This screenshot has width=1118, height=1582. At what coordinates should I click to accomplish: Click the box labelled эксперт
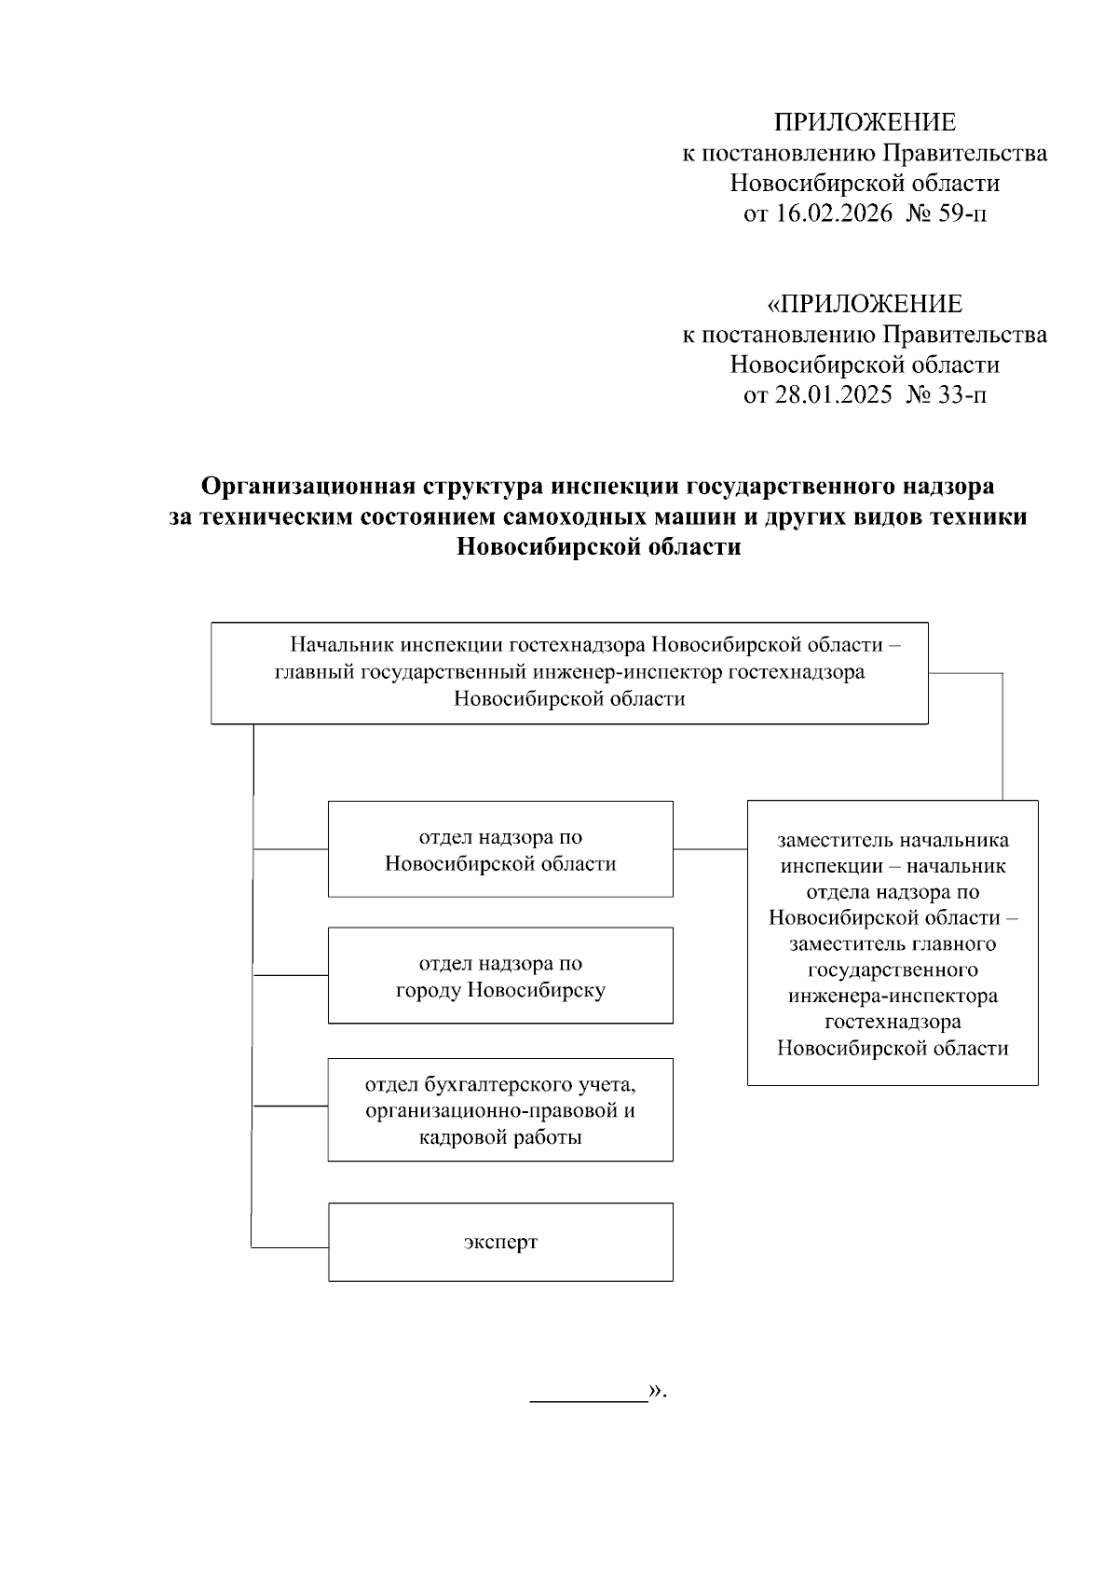[500, 1242]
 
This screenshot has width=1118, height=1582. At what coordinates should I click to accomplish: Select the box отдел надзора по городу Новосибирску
[500, 975]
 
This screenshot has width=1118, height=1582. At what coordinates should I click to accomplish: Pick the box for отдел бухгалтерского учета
[500, 1109]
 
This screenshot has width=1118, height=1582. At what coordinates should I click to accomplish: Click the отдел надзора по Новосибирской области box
[500, 849]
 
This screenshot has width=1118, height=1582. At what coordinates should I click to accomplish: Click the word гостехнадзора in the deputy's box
[893, 1022]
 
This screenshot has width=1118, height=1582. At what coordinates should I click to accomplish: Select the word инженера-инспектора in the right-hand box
[893, 996]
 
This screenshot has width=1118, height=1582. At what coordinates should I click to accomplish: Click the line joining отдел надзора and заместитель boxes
[710, 849]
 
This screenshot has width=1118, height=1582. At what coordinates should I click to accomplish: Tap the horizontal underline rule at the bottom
[589, 1400]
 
